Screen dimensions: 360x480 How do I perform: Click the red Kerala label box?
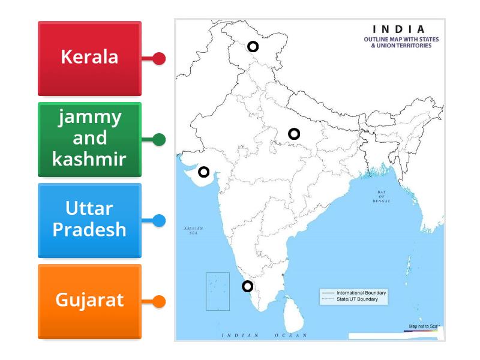click(x=89, y=58)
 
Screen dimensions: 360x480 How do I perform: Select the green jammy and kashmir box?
click(x=89, y=139)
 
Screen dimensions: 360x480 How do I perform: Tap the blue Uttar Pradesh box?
click(x=89, y=220)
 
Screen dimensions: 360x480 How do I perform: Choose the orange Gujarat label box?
click(x=89, y=301)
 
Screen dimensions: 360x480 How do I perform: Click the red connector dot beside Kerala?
click(x=159, y=58)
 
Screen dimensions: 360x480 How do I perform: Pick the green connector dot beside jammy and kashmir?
click(x=159, y=140)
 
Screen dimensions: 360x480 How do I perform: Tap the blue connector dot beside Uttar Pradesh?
click(x=159, y=220)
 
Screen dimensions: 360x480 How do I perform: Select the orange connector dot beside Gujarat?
click(x=159, y=301)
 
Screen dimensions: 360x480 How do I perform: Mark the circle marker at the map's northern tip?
click(x=253, y=46)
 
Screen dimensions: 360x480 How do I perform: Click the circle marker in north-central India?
click(x=294, y=134)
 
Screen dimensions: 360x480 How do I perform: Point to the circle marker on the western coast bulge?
click(x=204, y=172)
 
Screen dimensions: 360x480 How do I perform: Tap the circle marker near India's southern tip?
click(x=247, y=286)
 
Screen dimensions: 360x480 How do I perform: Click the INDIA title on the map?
click(x=399, y=29)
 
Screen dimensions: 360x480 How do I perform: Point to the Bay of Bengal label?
click(x=381, y=196)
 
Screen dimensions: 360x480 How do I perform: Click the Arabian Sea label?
click(x=193, y=230)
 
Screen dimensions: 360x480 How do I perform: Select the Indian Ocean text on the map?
click(x=264, y=335)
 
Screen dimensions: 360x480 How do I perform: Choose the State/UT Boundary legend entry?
click(x=358, y=299)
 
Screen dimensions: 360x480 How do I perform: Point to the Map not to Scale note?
click(x=424, y=326)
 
